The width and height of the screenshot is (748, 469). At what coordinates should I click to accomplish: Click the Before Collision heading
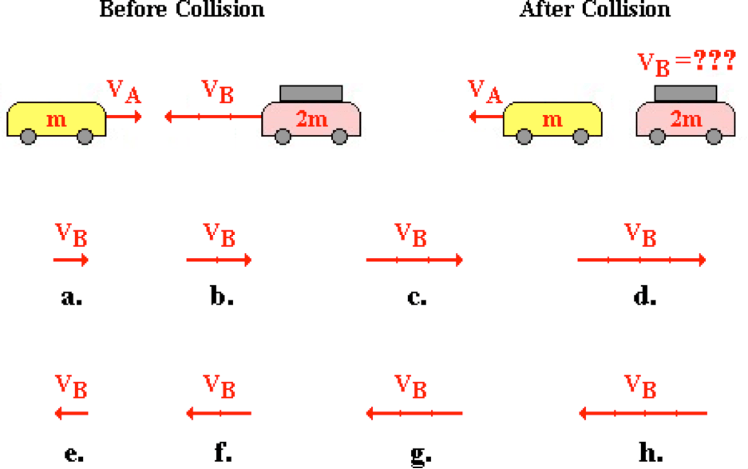[x=181, y=10]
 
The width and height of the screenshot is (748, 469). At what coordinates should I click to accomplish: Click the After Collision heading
[x=595, y=10]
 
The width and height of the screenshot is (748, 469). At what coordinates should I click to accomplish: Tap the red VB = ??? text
[x=685, y=62]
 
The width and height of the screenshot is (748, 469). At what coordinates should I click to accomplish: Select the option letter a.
[x=71, y=297]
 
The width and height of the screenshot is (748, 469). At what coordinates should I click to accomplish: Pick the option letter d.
[x=644, y=297]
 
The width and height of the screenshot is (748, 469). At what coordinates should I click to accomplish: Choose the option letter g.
[x=417, y=455]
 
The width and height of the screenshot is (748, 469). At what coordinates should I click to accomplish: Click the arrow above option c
[x=414, y=260]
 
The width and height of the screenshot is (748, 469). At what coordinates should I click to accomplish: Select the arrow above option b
[x=219, y=260]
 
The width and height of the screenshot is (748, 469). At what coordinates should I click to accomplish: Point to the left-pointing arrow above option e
[x=71, y=413]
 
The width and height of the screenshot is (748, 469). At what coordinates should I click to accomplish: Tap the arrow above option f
[x=219, y=413]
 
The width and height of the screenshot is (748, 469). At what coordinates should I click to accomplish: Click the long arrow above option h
[x=643, y=413]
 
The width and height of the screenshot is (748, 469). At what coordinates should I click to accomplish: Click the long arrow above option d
[x=641, y=260]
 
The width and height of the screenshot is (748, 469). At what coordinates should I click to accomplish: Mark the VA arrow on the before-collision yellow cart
[x=125, y=117]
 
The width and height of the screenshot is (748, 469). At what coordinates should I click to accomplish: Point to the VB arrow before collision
[x=213, y=117]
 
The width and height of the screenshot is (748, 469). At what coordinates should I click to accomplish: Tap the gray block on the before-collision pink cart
[x=311, y=93]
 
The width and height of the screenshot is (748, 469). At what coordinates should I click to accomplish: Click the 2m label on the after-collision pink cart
[x=686, y=120]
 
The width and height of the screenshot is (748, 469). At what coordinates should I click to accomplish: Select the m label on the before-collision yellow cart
[x=56, y=120]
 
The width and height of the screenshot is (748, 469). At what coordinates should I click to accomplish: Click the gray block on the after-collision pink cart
[x=685, y=93]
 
